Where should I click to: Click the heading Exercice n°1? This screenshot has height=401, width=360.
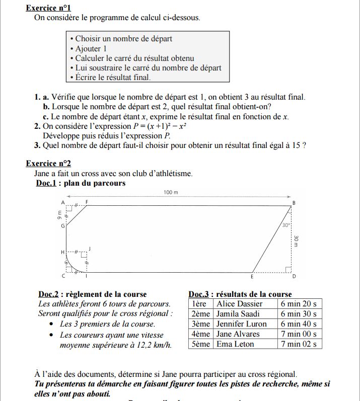coord(48,8)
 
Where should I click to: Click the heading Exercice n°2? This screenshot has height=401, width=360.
coord(48,163)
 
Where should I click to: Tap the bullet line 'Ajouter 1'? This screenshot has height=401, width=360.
coord(91,49)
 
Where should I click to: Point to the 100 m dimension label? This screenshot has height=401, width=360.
coord(171,192)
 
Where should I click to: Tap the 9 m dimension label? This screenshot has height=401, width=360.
coord(59,215)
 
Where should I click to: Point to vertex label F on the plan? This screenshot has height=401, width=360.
coord(87,202)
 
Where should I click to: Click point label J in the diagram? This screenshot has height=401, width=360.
coord(90,248)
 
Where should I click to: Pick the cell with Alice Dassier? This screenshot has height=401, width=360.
coord(240,304)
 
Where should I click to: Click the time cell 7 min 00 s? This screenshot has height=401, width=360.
coord(299,334)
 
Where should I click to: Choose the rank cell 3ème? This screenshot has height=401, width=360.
coord(201,324)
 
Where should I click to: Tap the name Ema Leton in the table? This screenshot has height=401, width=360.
coord(235,344)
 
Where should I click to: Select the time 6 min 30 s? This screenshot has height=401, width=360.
coord(299,314)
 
